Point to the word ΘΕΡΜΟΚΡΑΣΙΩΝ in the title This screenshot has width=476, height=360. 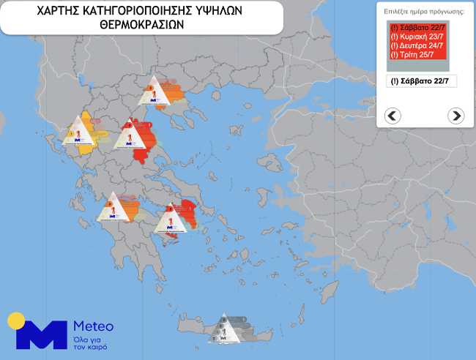point(141,24)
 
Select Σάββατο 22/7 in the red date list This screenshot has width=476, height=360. point(418,28)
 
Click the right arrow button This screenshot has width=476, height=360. point(455,115)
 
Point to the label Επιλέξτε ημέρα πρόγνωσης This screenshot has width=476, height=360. point(424,12)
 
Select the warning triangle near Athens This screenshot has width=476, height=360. point(174,219)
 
